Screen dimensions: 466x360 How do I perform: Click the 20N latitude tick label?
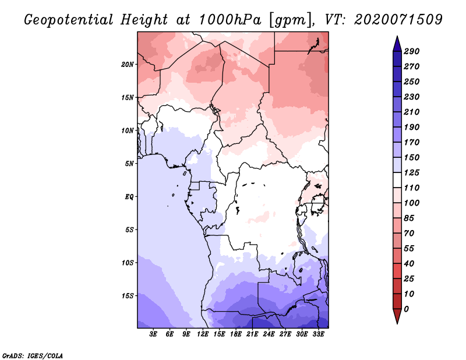point(128,65)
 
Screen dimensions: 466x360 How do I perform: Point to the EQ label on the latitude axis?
point(129,197)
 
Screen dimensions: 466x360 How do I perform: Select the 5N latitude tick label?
point(129,164)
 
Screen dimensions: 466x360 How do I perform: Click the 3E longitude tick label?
point(153,334)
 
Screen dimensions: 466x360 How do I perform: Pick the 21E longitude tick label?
point(252,334)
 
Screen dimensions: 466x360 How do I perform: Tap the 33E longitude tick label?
point(318,334)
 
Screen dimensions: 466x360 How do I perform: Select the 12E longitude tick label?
point(203,334)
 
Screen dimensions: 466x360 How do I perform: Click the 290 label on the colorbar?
point(411,51)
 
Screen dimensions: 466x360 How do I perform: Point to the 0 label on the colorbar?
point(406,309)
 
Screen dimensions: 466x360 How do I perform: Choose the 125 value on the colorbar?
point(411,172)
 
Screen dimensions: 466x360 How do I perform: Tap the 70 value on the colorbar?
point(409,234)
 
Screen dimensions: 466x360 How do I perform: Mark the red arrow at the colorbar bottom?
point(397,316)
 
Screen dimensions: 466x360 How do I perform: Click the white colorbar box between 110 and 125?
point(397,180)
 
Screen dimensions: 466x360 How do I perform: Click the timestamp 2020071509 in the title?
point(398,19)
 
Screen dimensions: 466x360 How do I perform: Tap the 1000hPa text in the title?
point(230,19)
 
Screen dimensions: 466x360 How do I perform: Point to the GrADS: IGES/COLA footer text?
point(33,356)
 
